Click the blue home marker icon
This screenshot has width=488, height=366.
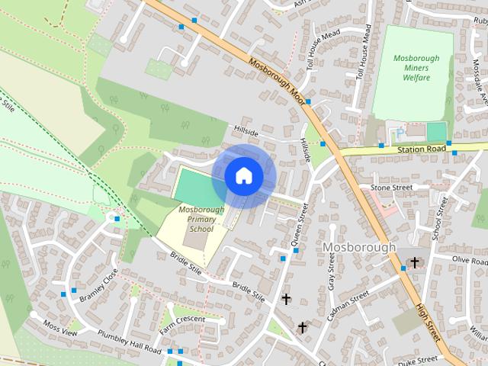click(243, 176)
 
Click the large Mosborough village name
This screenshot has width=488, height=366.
click(359, 247)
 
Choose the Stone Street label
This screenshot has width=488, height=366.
click(390, 188)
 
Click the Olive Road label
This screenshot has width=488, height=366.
click(470, 260)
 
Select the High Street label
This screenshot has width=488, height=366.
click(429, 323)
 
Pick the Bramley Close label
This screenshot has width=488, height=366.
click(99, 285)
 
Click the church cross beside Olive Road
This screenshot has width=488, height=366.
click(415, 263)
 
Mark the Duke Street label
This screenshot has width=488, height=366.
click(417, 358)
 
